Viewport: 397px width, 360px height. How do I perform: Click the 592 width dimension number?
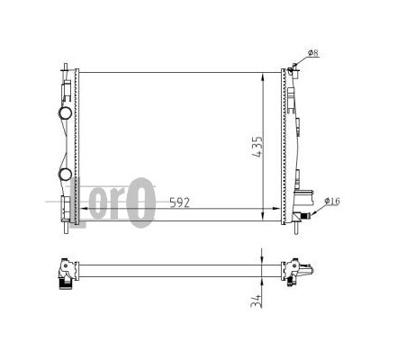pyautogui.click(x=180, y=202)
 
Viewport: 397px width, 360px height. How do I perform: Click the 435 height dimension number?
pyautogui.click(x=257, y=148)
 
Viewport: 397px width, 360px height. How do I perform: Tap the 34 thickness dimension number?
pyautogui.click(x=256, y=301)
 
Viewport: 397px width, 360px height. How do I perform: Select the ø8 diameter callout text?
pyautogui.click(x=313, y=53)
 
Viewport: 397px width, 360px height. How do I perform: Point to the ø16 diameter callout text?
pyautogui.click(x=332, y=201)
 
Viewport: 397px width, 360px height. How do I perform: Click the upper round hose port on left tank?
pyautogui.click(x=65, y=112)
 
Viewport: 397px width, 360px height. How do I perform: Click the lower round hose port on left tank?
pyautogui.click(x=65, y=175)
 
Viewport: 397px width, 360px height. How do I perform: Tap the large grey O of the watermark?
pyautogui.click(x=140, y=202)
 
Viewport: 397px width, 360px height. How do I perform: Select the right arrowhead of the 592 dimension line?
pyautogui.click(x=276, y=208)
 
